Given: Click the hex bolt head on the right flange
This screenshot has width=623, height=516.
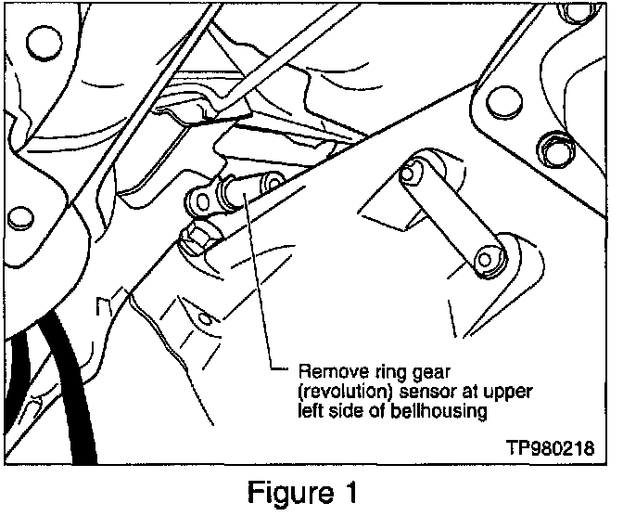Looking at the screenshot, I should [x=557, y=148].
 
